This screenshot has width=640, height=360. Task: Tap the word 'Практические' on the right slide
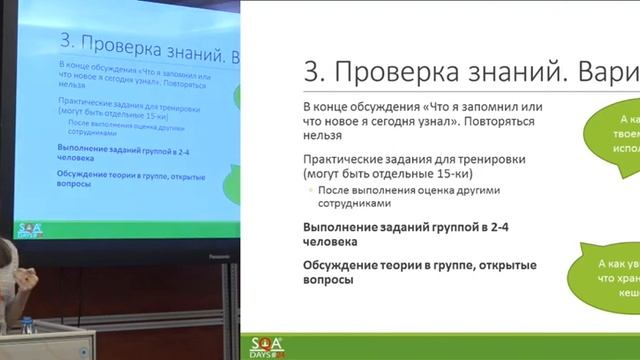coord(346,158)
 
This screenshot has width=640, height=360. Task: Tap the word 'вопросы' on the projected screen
coord(51,187)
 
